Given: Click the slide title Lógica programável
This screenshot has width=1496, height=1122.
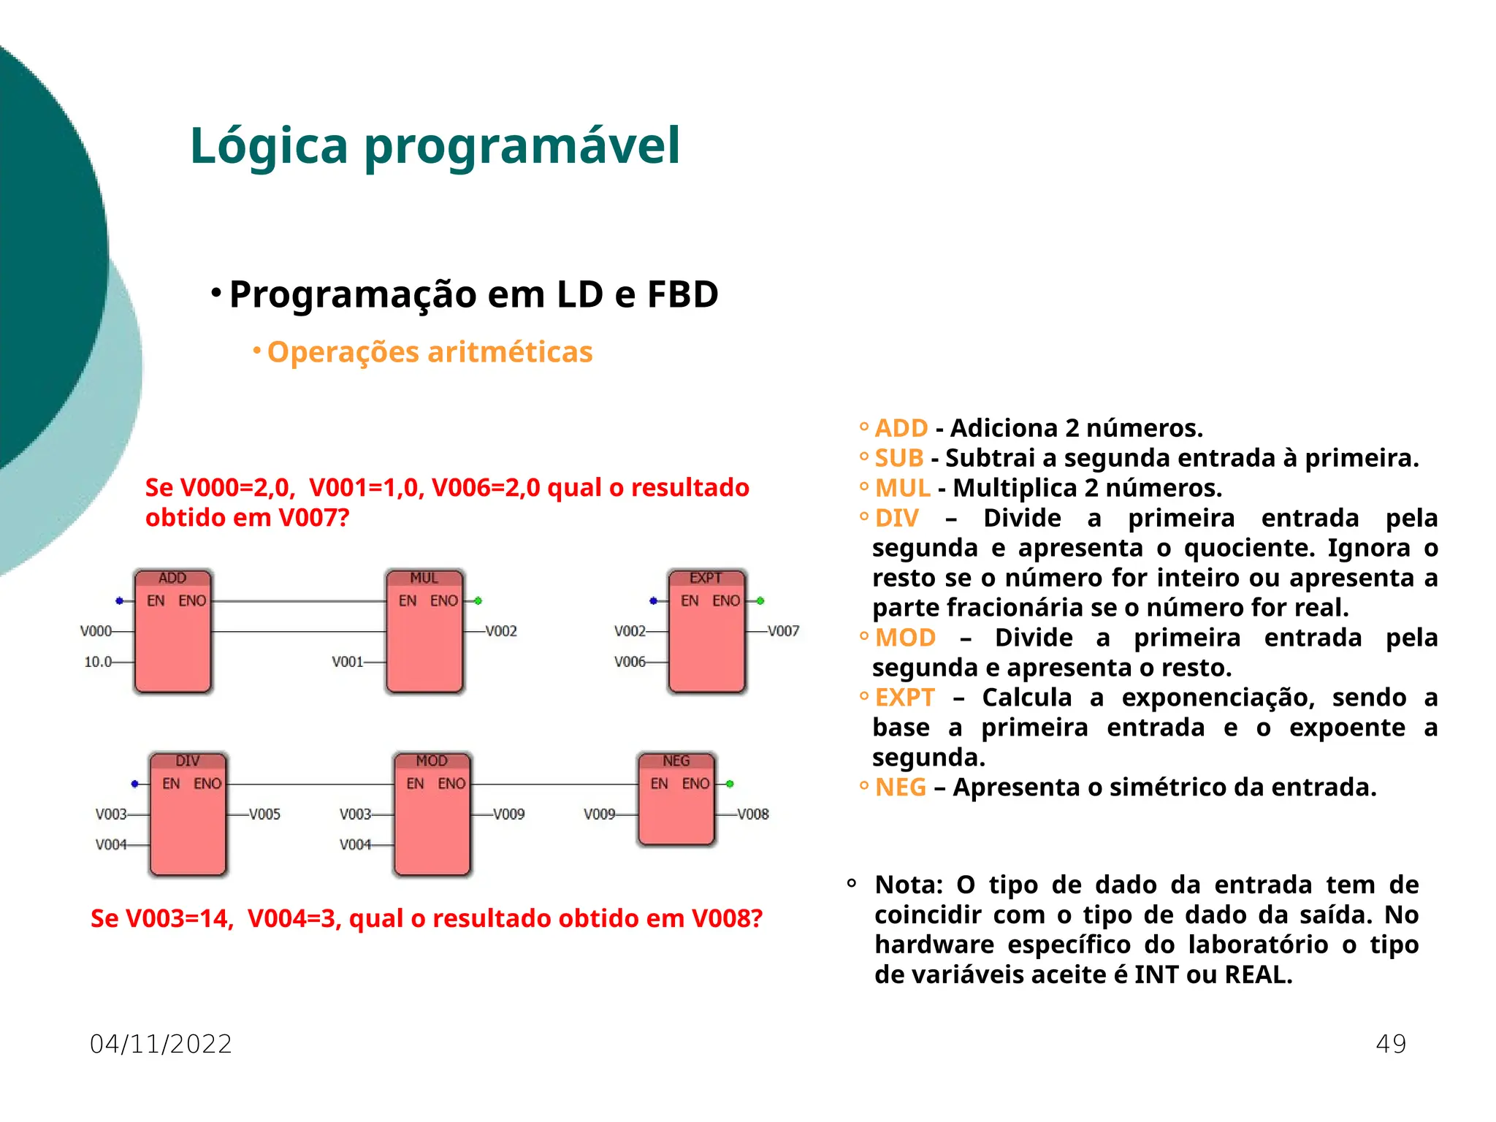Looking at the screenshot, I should pos(435,145).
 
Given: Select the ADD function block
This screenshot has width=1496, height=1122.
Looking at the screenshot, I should pos(172,632).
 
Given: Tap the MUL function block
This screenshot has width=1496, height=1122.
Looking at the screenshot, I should pos(424,632).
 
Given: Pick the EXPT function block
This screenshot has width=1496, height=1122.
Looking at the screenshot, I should pos(706,632).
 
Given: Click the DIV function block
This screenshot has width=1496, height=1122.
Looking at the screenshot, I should pos(188,814).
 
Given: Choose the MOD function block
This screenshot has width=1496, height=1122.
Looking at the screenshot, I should pos(432,814).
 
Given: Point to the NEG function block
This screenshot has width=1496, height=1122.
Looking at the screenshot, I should pos(676,800).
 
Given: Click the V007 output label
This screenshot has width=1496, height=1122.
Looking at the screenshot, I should pos(783,631).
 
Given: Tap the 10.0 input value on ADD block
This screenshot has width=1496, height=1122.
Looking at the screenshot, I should pos(98,662).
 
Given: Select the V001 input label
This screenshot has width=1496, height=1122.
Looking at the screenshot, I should pos(347,662).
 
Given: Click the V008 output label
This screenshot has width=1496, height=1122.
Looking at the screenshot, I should pos(752,814).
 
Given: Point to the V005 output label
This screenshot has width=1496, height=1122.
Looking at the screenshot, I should pos(264,814).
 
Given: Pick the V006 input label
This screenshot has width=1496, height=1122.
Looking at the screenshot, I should pos(630,662).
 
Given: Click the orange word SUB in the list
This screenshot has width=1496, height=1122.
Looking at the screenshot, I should pos(899,458).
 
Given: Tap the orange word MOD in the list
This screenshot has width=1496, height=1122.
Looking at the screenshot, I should pos(905,638).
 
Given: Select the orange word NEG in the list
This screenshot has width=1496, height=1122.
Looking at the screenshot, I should pos(901,787).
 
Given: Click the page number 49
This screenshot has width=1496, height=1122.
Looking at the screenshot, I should pos(1391,1044).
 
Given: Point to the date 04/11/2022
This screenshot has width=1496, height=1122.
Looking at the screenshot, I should pos(161,1044).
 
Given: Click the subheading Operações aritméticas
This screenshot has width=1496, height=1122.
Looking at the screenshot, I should pos(430,352).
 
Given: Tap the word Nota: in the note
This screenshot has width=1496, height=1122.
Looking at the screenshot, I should pos(909,885).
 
